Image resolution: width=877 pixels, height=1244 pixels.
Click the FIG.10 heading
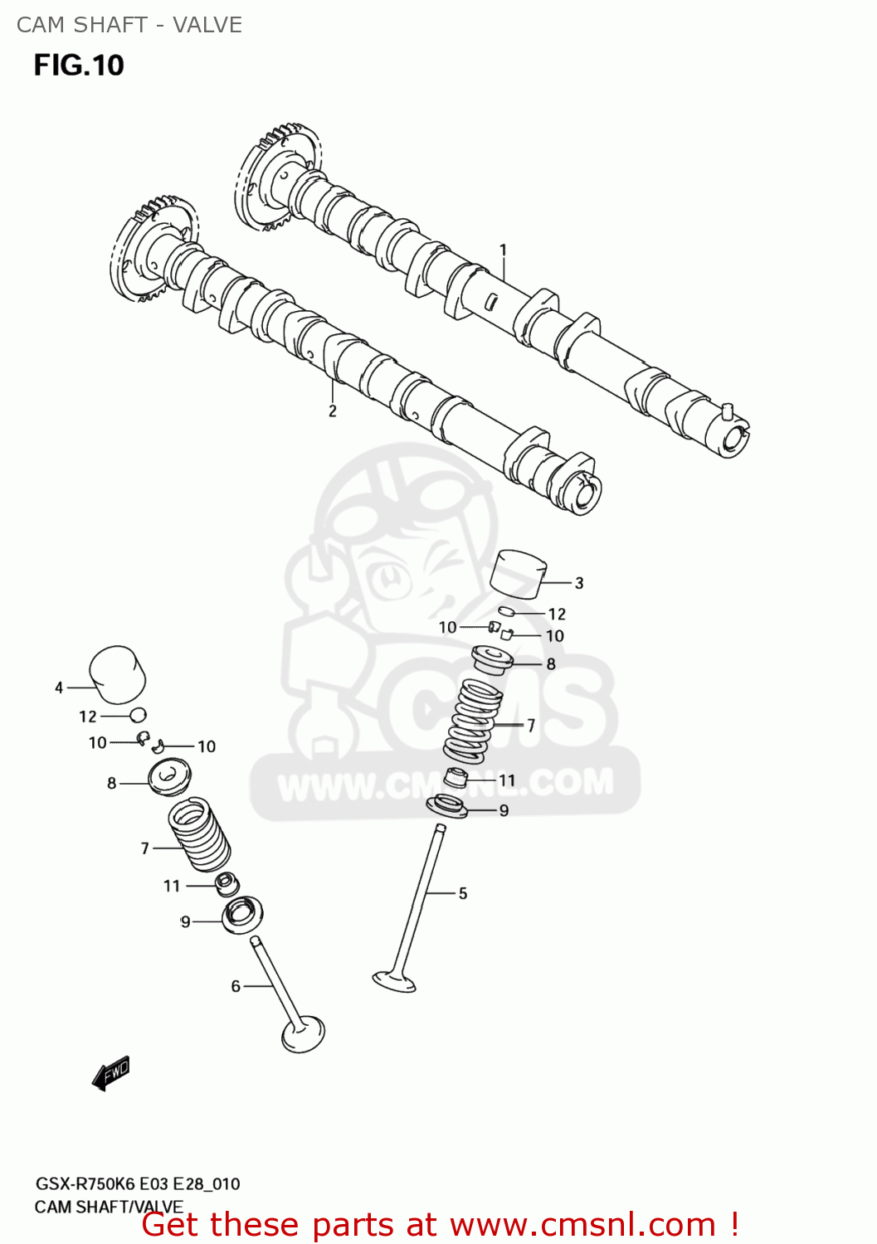coord(79,65)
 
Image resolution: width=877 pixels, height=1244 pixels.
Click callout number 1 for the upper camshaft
coord(503,249)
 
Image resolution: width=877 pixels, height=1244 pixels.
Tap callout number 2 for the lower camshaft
coord(332,411)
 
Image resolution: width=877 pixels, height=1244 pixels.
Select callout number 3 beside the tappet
coord(579,583)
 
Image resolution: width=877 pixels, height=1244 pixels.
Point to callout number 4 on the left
coord(59,688)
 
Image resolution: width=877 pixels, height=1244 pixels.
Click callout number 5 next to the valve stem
coord(463,893)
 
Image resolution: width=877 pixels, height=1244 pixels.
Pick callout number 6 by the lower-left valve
coord(236,985)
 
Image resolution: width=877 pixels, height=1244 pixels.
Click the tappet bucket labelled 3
coord(519,573)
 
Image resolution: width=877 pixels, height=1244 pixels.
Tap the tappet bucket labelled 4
coord(117,673)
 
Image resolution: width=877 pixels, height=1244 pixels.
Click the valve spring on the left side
coord(199,833)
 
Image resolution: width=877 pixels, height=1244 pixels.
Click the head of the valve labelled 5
coord(394,981)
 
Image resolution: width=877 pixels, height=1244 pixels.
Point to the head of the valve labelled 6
coord(303,1033)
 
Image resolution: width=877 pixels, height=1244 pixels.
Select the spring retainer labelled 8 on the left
coord(169,776)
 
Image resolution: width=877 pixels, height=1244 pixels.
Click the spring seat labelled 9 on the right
coord(447,805)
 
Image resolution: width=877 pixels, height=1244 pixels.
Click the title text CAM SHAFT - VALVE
coord(129,25)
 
